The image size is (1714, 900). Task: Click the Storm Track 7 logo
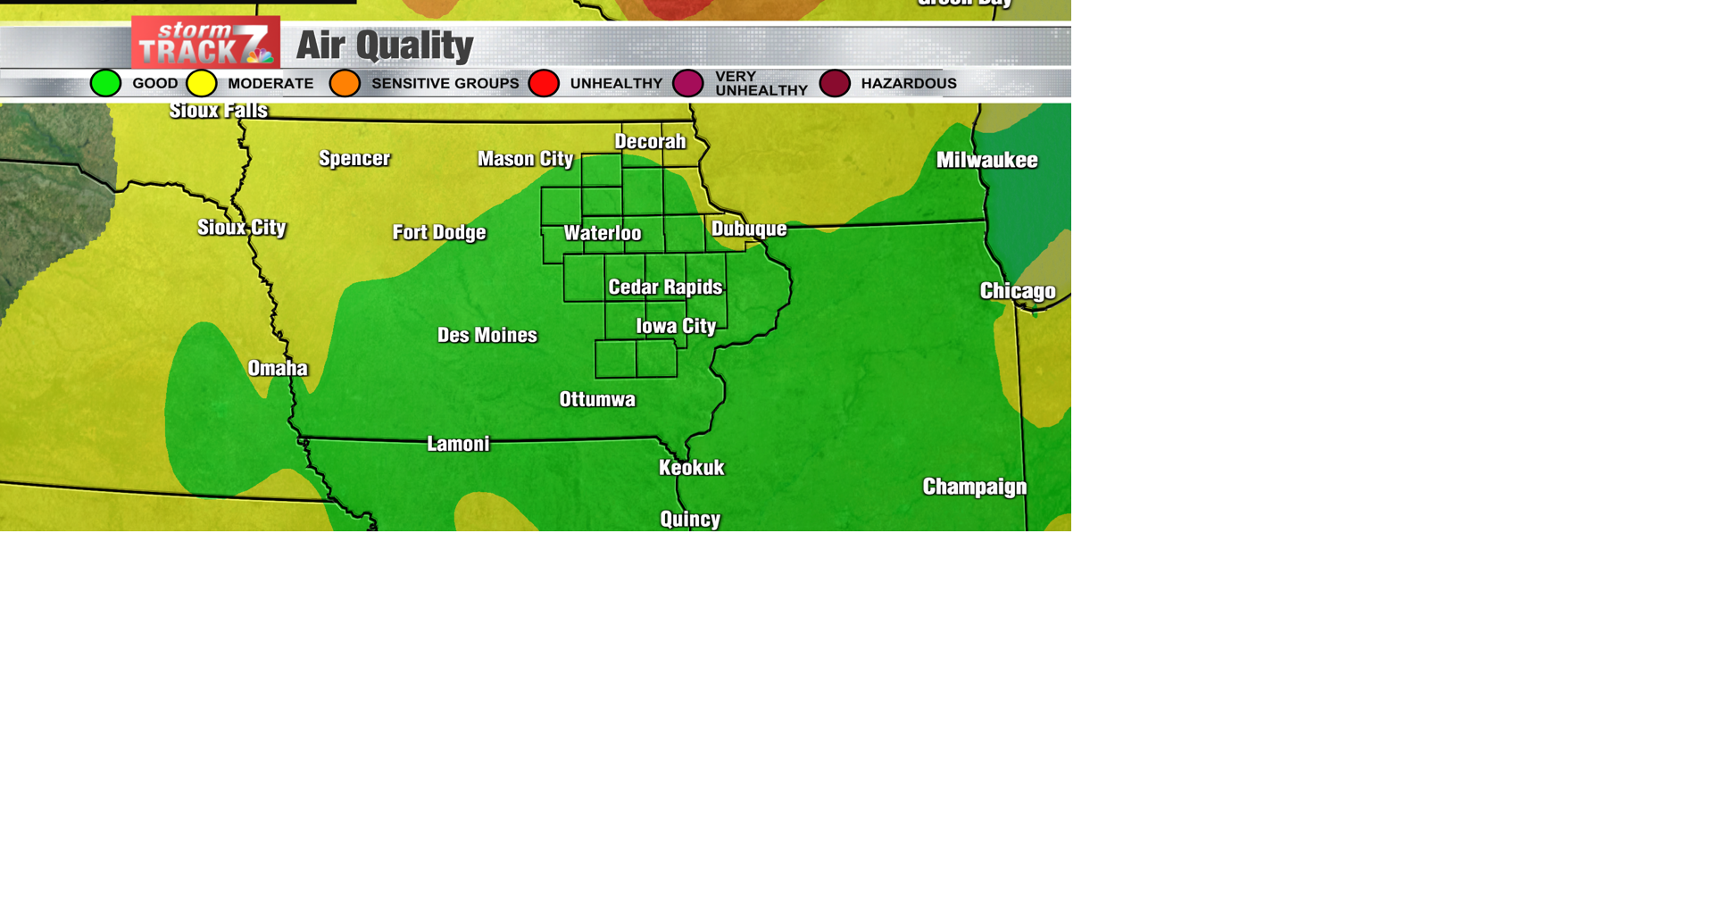pyautogui.click(x=205, y=42)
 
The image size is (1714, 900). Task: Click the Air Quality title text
pyautogui.click(x=384, y=46)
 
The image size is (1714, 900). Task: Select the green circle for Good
pyautogui.click(x=105, y=83)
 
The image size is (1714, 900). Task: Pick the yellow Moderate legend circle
pyautogui.click(x=202, y=83)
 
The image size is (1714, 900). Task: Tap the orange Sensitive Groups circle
pyautogui.click(x=345, y=83)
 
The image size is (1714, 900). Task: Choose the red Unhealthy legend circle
pyautogui.click(x=544, y=83)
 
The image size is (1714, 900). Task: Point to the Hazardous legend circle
pyautogui.click(x=835, y=83)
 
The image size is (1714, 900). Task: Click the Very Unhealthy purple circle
pyautogui.click(x=688, y=83)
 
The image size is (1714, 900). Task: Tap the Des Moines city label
pyautogui.click(x=487, y=335)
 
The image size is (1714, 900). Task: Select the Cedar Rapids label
pyautogui.click(x=665, y=287)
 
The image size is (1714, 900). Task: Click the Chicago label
pyautogui.click(x=1018, y=291)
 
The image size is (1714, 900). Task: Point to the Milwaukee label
pyautogui.click(x=986, y=160)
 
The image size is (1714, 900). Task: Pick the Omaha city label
pyautogui.click(x=278, y=368)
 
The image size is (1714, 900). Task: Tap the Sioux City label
pyautogui.click(x=242, y=228)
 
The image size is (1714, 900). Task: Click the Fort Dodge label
pyautogui.click(x=439, y=232)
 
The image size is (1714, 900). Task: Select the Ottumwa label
pyautogui.click(x=597, y=399)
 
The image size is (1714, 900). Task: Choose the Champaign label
pyautogui.click(x=974, y=487)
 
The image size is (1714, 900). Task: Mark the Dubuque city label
pyautogui.click(x=749, y=229)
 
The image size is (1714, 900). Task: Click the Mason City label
pyautogui.click(x=525, y=159)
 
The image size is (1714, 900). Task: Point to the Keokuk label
pyautogui.click(x=691, y=467)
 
